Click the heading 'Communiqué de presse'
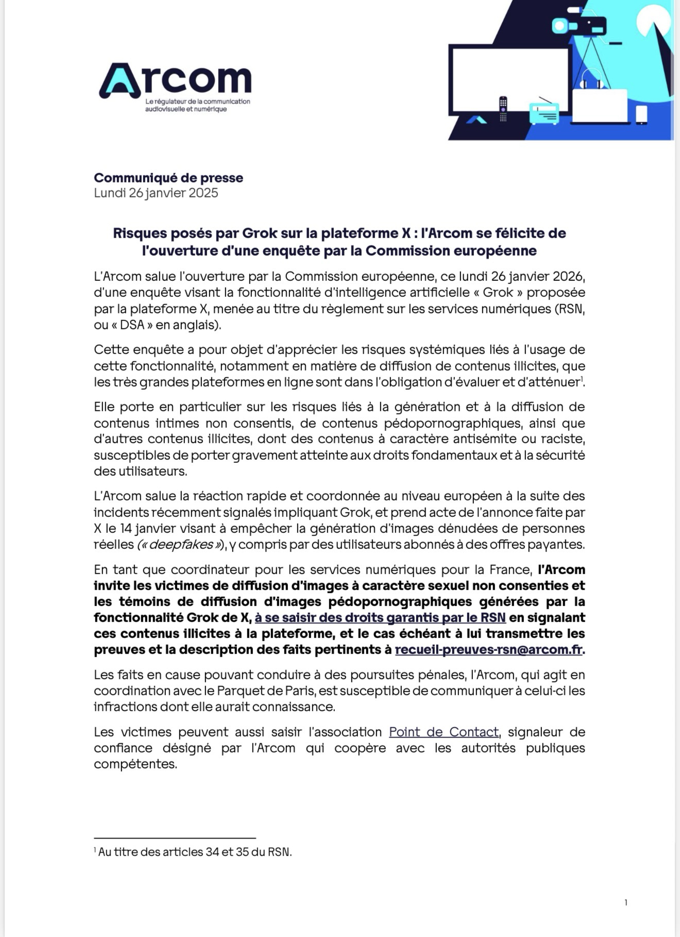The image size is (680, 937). [x=168, y=178]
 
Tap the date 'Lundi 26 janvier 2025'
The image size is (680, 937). [x=156, y=193]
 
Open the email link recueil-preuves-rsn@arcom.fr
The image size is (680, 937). [x=488, y=649]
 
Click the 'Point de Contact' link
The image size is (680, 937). [x=444, y=732]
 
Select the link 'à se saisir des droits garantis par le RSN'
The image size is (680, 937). [x=380, y=617]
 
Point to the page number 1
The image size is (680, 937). [x=626, y=902]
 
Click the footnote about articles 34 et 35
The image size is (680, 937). [x=193, y=852]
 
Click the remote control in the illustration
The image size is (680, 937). [x=503, y=109]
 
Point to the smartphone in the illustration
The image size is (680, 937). [x=641, y=114]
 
